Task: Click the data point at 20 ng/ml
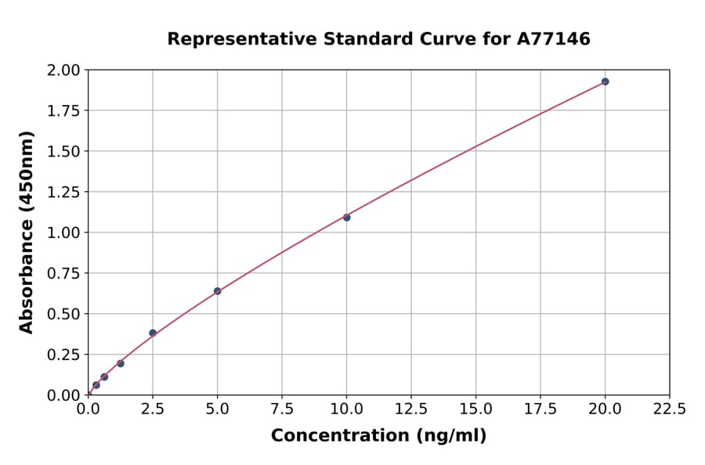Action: (605, 81)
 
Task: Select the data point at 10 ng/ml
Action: (346, 217)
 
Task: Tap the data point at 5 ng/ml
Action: (217, 291)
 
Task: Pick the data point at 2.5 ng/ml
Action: (153, 333)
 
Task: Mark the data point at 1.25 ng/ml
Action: (121, 363)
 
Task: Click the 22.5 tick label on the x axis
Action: (669, 409)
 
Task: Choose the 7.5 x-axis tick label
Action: (282, 409)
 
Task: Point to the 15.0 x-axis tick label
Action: (475, 409)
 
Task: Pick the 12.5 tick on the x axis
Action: (411, 409)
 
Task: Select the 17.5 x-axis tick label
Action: (540, 409)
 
